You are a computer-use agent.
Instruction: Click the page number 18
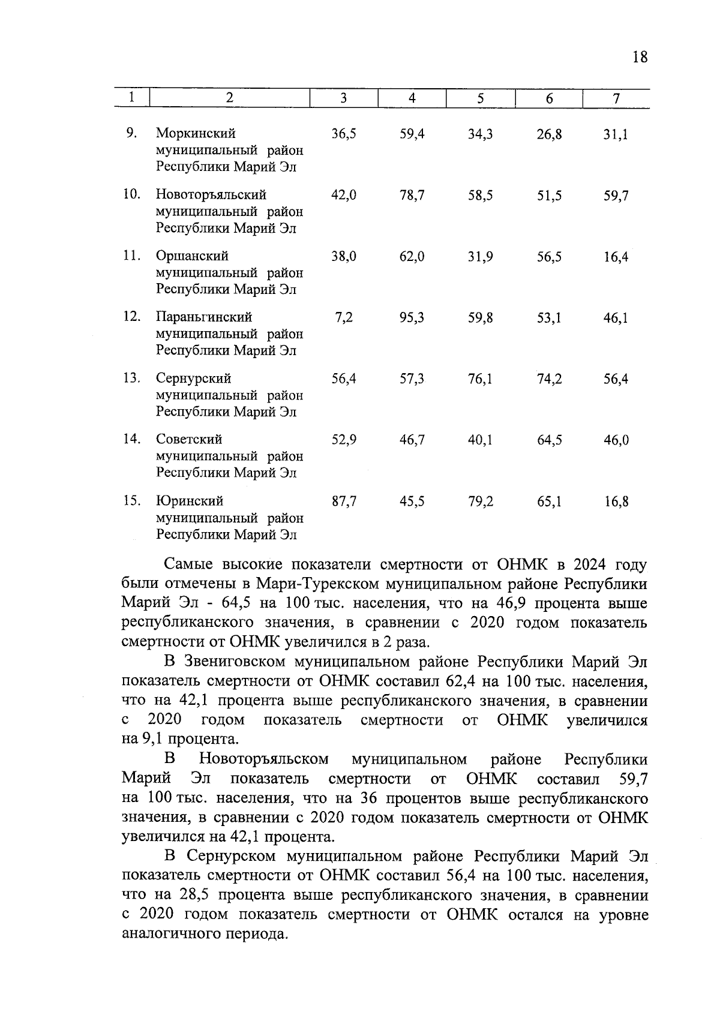pyautogui.click(x=640, y=57)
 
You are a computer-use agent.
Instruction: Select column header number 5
pyautogui.click(x=481, y=99)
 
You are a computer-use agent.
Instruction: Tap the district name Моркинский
pyautogui.click(x=196, y=133)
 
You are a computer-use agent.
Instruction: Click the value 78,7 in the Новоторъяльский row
pyautogui.click(x=412, y=195)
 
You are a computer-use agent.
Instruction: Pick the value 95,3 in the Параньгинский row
pyautogui.click(x=412, y=317)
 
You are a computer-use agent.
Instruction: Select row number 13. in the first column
pyautogui.click(x=132, y=379)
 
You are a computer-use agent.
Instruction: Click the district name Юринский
pyautogui.click(x=190, y=501)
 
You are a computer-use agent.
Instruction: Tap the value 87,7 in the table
pyautogui.click(x=344, y=501)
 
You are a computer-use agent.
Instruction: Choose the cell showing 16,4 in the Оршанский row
pyautogui.click(x=616, y=257)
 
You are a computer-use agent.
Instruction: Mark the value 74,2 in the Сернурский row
pyautogui.click(x=549, y=379)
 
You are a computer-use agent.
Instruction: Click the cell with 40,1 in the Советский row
pyautogui.click(x=481, y=440)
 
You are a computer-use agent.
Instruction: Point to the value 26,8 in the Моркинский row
pyautogui.click(x=549, y=134)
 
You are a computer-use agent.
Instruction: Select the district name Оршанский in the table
pyautogui.click(x=192, y=256)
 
